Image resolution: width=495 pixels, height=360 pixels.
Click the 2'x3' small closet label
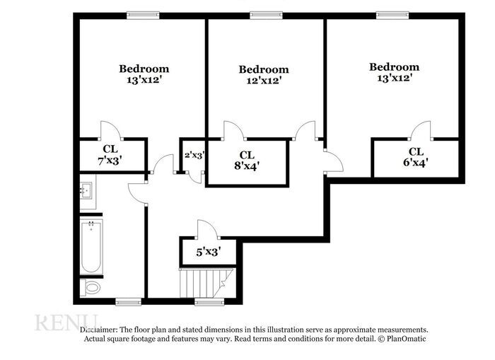(x=194, y=155)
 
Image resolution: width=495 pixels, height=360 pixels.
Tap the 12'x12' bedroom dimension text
(x=264, y=81)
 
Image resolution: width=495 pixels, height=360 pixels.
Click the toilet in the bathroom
(x=91, y=287)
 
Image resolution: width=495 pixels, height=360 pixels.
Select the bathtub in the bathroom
(x=91, y=248)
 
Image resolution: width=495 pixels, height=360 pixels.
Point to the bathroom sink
(x=87, y=190)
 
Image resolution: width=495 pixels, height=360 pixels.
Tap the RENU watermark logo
(x=65, y=323)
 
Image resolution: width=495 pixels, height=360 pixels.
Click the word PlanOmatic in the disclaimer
(x=406, y=339)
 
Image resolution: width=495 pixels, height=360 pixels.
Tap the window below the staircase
(x=205, y=301)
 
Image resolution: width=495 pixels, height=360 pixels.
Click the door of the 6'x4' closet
(x=421, y=131)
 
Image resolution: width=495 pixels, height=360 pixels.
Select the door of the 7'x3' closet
(x=111, y=131)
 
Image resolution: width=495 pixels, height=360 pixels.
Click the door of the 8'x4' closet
(x=234, y=132)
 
